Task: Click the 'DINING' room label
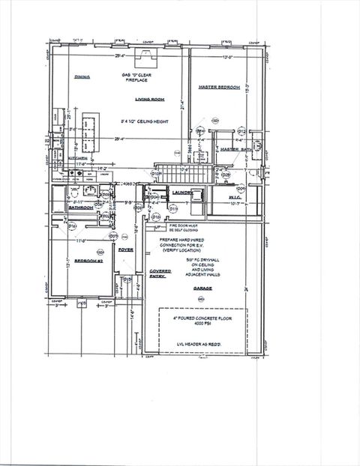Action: click(82, 77)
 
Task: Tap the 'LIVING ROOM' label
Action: click(148, 99)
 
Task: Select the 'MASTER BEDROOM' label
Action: click(219, 87)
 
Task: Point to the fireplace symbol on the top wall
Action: click(140, 54)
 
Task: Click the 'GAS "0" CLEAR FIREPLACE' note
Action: click(140, 78)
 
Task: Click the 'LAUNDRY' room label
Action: click(182, 193)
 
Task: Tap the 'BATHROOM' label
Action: click(81, 208)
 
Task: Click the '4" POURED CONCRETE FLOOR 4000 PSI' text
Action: click(201, 321)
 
